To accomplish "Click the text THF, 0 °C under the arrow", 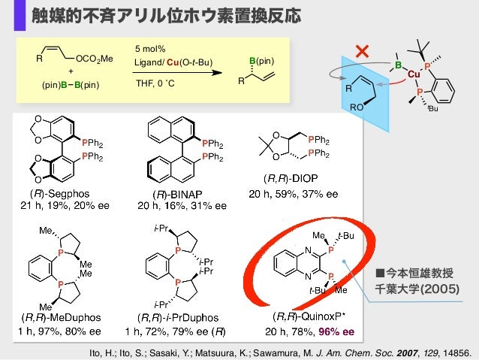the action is click(x=155, y=82).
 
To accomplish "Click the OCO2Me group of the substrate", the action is click(x=95, y=58).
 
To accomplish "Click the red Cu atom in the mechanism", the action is click(x=412, y=74).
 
